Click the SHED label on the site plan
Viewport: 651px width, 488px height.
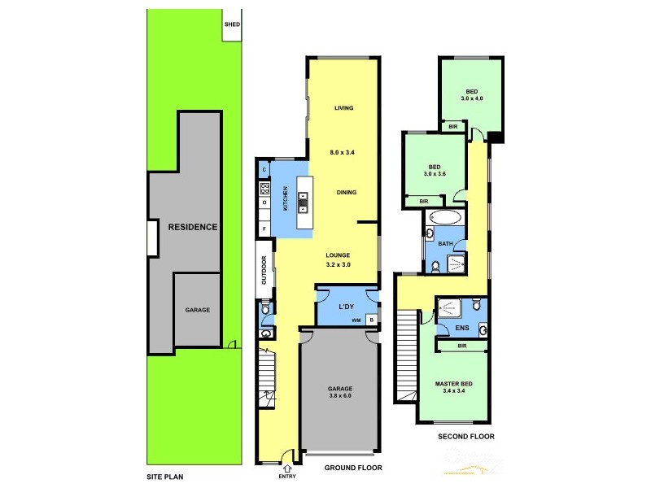232,24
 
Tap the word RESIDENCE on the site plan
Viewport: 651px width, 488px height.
193,227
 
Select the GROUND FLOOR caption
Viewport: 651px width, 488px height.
353,468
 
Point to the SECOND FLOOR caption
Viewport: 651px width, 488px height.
466,437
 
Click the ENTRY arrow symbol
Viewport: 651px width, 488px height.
286,468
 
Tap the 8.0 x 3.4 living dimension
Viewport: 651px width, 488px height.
343,152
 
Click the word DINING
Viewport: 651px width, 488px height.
347,193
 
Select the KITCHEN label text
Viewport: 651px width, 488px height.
285,198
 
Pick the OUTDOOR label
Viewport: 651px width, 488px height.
264,270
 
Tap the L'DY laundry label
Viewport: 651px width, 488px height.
347,306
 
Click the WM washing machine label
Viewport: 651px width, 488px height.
356,320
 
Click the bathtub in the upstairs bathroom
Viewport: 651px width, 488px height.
444,218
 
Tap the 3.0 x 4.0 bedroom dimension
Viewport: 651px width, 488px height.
472,98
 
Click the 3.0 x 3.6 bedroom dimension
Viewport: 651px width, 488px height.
435,173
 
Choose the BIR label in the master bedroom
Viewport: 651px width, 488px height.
461,346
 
